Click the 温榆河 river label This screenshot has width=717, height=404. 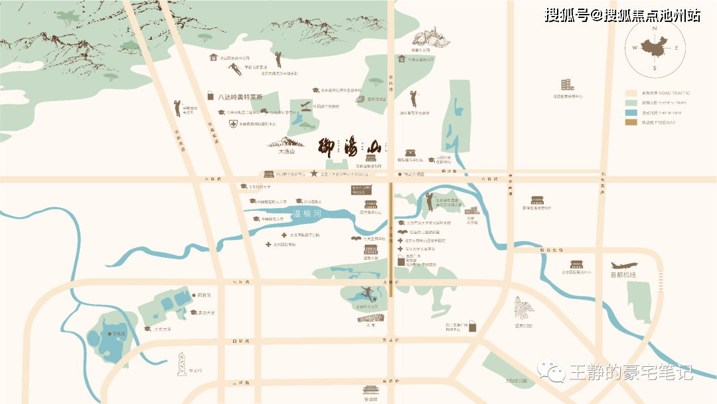[307, 214]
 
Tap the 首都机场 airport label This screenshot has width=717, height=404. [623, 274]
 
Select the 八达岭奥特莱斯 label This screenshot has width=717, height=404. [237, 97]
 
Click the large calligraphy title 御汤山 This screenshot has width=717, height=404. [352, 146]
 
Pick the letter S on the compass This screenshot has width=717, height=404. [655, 68]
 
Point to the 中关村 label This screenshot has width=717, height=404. [195, 371]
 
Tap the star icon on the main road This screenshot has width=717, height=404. [314, 174]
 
